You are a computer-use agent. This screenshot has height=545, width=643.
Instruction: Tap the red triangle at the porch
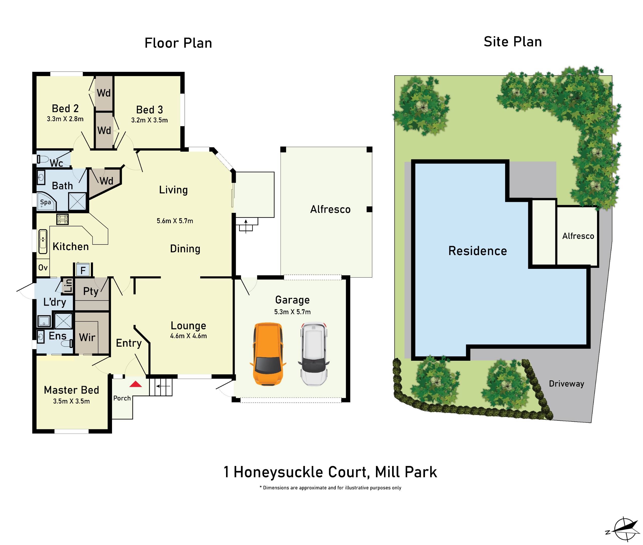click(135, 384)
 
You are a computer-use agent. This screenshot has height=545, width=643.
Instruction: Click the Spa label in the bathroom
click(45, 202)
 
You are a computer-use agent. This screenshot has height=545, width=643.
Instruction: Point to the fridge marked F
click(83, 270)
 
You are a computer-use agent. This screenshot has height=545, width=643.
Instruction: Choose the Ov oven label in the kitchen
click(43, 268)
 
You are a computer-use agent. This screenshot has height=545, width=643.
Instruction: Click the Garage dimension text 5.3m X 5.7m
click(292, 312)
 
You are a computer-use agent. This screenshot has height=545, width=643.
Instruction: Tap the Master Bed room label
click(71, 390)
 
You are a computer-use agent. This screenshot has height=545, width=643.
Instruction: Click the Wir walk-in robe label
click(87, 337)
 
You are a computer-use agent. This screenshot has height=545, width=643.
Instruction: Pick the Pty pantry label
click(91, 291)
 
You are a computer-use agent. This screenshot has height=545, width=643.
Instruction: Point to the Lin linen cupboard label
click(68, 286)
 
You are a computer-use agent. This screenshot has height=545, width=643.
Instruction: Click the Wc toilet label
click(56, 163)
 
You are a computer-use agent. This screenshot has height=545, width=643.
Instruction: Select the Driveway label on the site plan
click(566, 384)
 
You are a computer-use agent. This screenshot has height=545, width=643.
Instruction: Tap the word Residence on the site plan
click(477, 251)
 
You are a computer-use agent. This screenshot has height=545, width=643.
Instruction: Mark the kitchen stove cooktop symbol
click(63, 219)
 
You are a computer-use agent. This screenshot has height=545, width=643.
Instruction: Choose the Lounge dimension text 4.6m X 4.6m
click(188, 336)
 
